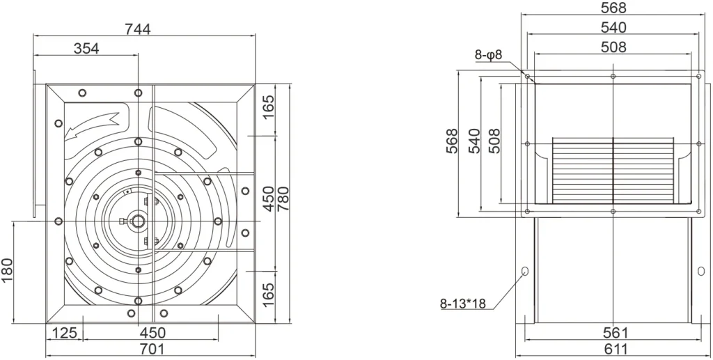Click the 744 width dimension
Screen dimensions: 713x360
[x=137, y=29]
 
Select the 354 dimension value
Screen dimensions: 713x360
[x=86, y=49]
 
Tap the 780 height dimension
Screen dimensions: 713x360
[x=283, y=198]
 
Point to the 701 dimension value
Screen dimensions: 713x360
[x=151, y=349]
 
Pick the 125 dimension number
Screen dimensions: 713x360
[x=65, y=333]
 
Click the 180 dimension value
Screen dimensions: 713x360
[x=8, y=269]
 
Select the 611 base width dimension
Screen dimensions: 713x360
[x=616, y=349]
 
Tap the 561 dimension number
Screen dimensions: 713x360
[x=616, y=333]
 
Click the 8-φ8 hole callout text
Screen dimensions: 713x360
[x=488, y=55]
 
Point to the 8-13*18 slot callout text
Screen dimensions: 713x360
[x=463, y=303]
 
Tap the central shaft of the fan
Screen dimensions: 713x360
[x=138, y=221]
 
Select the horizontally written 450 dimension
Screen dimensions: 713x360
[x=152, y=333]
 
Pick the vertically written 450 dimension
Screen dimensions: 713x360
[x=269, y=198]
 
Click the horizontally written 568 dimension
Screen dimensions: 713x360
[x=613, y=8]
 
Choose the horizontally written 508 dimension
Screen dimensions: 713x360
[x=613, y=47]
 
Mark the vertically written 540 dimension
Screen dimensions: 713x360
[x=474, y=141]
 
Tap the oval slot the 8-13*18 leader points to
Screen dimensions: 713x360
[x=525, y=272]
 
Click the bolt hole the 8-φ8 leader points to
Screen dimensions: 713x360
[x=528, y=77]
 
